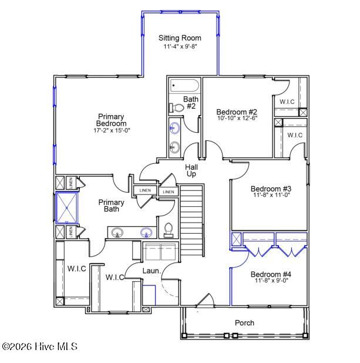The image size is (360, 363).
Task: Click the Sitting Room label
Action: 180,38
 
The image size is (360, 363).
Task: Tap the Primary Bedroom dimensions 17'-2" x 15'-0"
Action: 112,130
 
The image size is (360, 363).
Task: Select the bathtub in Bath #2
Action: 184,86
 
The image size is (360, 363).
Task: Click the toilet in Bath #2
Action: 175,107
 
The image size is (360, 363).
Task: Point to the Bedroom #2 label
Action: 237,112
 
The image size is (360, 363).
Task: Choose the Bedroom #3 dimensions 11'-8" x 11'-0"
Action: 271,196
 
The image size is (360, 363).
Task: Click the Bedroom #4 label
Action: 271,274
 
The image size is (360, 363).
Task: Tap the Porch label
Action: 244,322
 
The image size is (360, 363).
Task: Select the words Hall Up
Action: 191,171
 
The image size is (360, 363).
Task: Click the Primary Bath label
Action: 112,206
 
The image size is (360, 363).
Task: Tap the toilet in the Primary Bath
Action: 169,230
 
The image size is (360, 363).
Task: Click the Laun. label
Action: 152,271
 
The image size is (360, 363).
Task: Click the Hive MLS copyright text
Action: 40,347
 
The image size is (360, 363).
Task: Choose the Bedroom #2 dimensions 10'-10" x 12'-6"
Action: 237,118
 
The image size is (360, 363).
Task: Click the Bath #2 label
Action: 190,103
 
